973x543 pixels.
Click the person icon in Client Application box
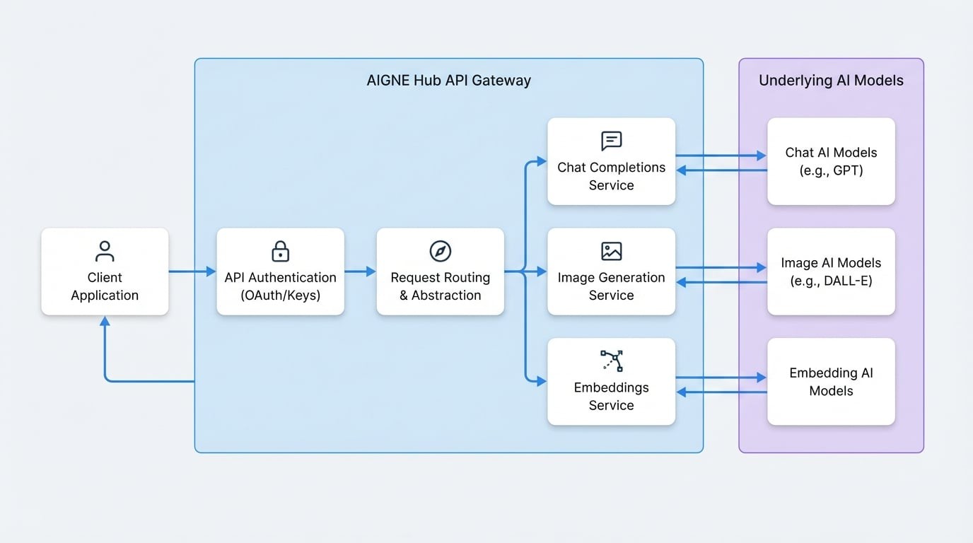tap(105, 251)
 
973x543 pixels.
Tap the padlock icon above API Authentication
tap(280, 251)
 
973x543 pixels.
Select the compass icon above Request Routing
tap(440, 251)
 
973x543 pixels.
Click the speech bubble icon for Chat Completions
tap(611, 141)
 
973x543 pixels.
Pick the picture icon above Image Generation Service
tap(611, 251)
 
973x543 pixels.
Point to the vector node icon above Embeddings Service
tap(611, 361)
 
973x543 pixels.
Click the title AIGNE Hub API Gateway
tap(448, 81)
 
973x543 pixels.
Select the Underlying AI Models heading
tap(831, 81)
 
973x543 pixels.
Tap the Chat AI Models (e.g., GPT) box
tap(831, 161)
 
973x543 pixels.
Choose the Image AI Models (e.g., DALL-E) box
tap(831, 271)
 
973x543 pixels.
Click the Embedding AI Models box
tap(831, 382)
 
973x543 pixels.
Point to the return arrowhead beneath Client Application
tap(105, 322)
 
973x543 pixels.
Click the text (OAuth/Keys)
tap(280, 296)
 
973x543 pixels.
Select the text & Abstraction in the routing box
tap(440, 296)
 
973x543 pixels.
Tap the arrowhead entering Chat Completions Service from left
tap(542, 161)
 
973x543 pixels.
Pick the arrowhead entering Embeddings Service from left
tap(542, 382)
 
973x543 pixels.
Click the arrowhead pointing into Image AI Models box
tap(762, 267)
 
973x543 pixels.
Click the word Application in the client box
tap(105, 296)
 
